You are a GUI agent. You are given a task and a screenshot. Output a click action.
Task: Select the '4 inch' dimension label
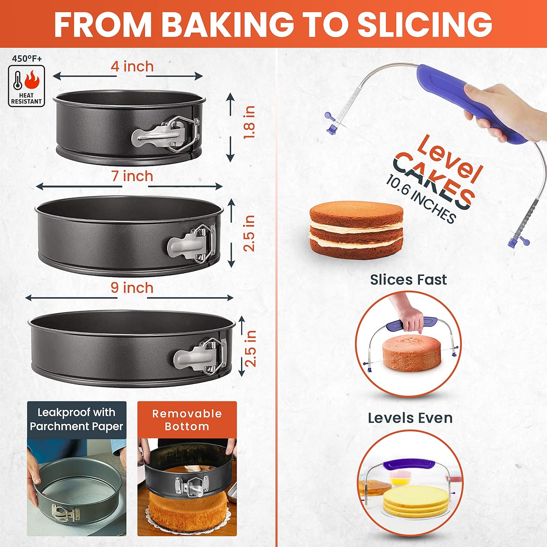point(132,66)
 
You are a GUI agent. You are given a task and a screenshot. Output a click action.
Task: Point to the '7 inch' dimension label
point(132,176)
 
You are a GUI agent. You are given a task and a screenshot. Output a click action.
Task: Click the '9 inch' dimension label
point(132,288)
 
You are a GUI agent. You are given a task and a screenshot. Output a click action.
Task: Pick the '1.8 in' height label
point(250,122)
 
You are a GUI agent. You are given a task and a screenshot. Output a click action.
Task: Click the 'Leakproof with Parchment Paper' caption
point(77,419)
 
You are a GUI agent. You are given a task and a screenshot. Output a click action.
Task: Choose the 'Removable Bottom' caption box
point(187,420)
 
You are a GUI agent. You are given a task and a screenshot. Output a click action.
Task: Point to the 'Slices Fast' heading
point(408,280)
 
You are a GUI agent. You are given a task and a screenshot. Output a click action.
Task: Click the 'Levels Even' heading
point(410,418)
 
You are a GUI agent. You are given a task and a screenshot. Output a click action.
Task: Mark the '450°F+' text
point(27,58)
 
